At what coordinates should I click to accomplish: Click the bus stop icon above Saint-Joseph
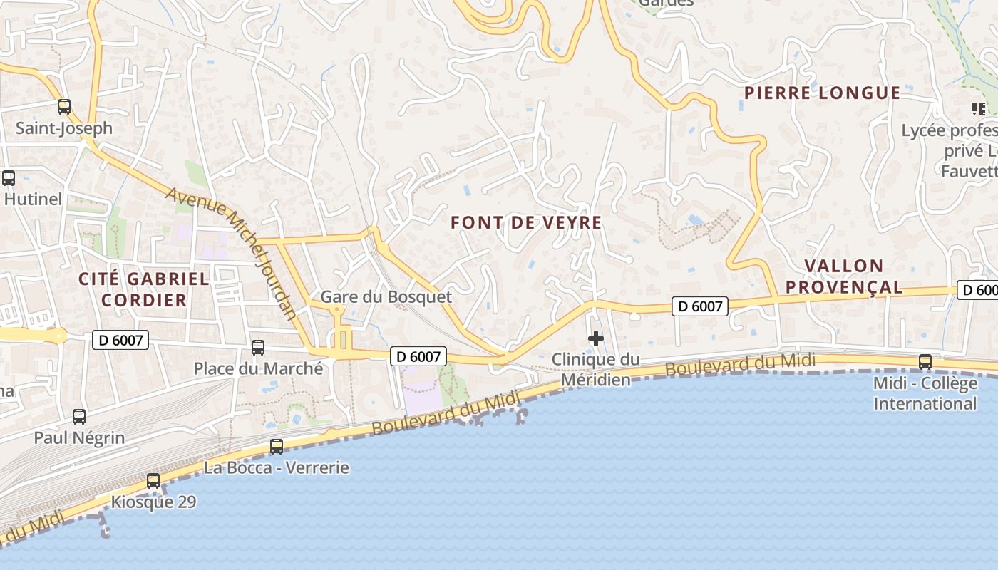tap(64, 107)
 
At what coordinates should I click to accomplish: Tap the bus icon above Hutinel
tap(9, 178)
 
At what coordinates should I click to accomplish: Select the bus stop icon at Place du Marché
tap(258, 348)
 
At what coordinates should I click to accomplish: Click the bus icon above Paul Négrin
tap(79, 417)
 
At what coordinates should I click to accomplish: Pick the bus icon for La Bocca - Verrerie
tap(277, 447)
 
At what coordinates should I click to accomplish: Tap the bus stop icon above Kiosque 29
tap(153, 481)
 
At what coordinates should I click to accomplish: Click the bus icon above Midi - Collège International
tap(925, 362)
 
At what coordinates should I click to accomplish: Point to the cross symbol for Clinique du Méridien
tap(596, 338)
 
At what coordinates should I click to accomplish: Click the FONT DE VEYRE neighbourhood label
tap(526, 222)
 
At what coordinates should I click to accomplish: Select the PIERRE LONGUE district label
tap(822, 93)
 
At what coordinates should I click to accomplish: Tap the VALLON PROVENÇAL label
tap(853, 276)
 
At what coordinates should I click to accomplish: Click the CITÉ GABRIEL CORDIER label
tap(144, 289)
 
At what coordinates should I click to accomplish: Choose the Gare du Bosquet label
tap(386, 296)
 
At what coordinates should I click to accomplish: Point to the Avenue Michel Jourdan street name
tap(232, 252)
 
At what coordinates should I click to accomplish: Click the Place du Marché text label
tap(258, 368)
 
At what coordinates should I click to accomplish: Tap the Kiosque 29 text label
tap(153, 502)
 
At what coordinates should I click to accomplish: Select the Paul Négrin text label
tap(79, 437)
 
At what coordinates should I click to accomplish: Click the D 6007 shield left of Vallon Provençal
tap(700, 306)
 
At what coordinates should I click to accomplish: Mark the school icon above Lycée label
tap(978, 109)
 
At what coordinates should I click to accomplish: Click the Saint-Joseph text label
tap(64, 128)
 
